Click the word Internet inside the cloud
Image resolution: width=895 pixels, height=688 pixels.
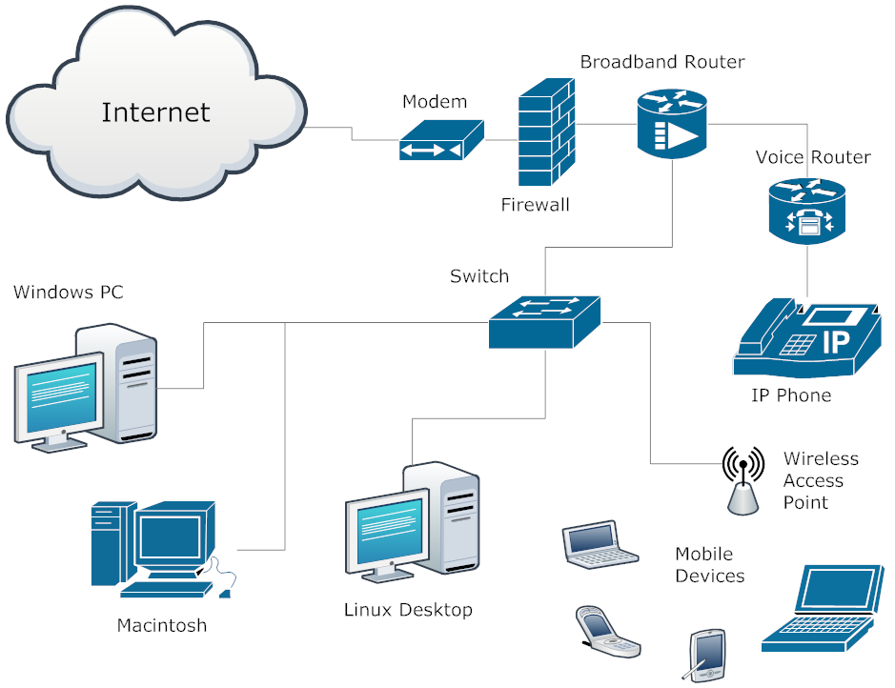point(155,111)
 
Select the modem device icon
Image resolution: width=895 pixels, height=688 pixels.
point(440,141)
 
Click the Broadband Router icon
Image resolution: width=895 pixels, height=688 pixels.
point(672,123)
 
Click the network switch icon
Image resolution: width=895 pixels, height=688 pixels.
point(544,321)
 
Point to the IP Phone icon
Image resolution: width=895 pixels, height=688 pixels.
point(806,339)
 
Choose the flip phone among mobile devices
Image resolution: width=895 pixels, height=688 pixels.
point(606,633)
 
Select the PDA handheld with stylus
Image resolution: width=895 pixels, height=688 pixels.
point(704,655)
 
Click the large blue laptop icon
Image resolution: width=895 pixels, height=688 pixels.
point(821,609)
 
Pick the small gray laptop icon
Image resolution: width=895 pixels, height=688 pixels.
point(598,545)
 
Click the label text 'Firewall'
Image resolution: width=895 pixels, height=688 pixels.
point(535,204)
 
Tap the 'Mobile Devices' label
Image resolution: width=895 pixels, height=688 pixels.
point(709,565)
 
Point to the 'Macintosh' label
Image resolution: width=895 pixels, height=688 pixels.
point(161,626)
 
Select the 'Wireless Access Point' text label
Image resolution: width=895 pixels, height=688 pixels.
point(820,480)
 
